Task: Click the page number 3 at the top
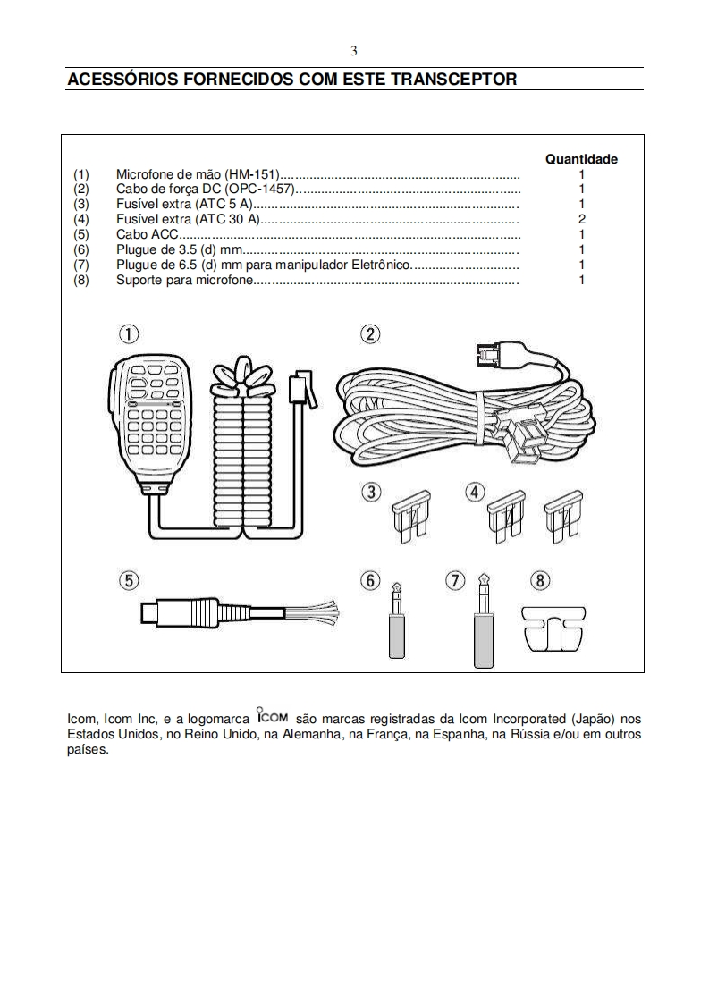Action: [x=354, y=51]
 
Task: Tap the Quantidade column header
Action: [x=581, y=159]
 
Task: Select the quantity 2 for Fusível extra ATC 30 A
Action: [x=581, y=219]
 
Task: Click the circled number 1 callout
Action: [x=130, y=334]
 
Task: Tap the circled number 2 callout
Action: [x=369, y=334]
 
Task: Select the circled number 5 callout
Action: [x=130, y=580]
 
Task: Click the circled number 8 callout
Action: [x=540, y=580]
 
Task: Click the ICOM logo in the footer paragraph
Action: [x=271, y=716]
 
